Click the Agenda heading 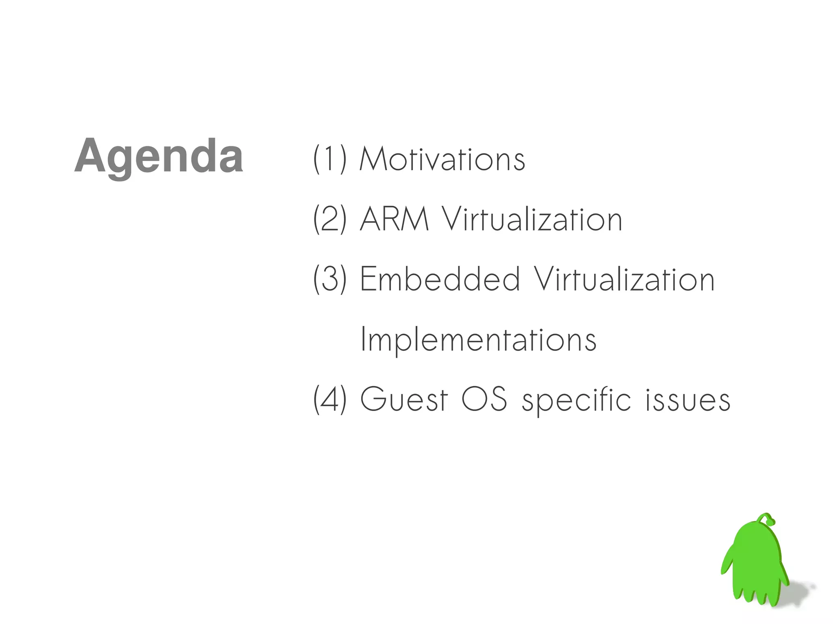(159, 157)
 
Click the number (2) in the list (330, 219)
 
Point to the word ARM (394, 219)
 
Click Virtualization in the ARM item (532, 219)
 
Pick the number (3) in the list (330, 279)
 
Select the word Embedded (440, 279)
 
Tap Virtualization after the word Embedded (624, 279)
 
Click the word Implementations (478, 340)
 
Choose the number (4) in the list (330, 400)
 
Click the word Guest (404, 400)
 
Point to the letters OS (484, 400)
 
